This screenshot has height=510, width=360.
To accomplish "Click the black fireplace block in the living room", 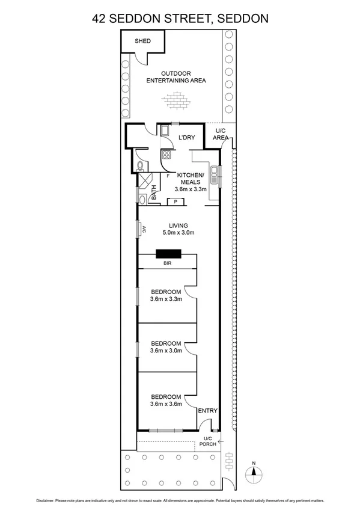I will (168, 254).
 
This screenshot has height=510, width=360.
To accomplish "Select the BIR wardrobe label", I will (168, 263).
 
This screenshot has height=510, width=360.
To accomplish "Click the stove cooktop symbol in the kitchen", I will (166, 155).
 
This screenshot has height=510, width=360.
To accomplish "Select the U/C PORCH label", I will (209, 441).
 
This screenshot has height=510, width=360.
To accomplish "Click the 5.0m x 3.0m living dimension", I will (178, 233).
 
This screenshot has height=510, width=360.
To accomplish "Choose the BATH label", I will (154, 192).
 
